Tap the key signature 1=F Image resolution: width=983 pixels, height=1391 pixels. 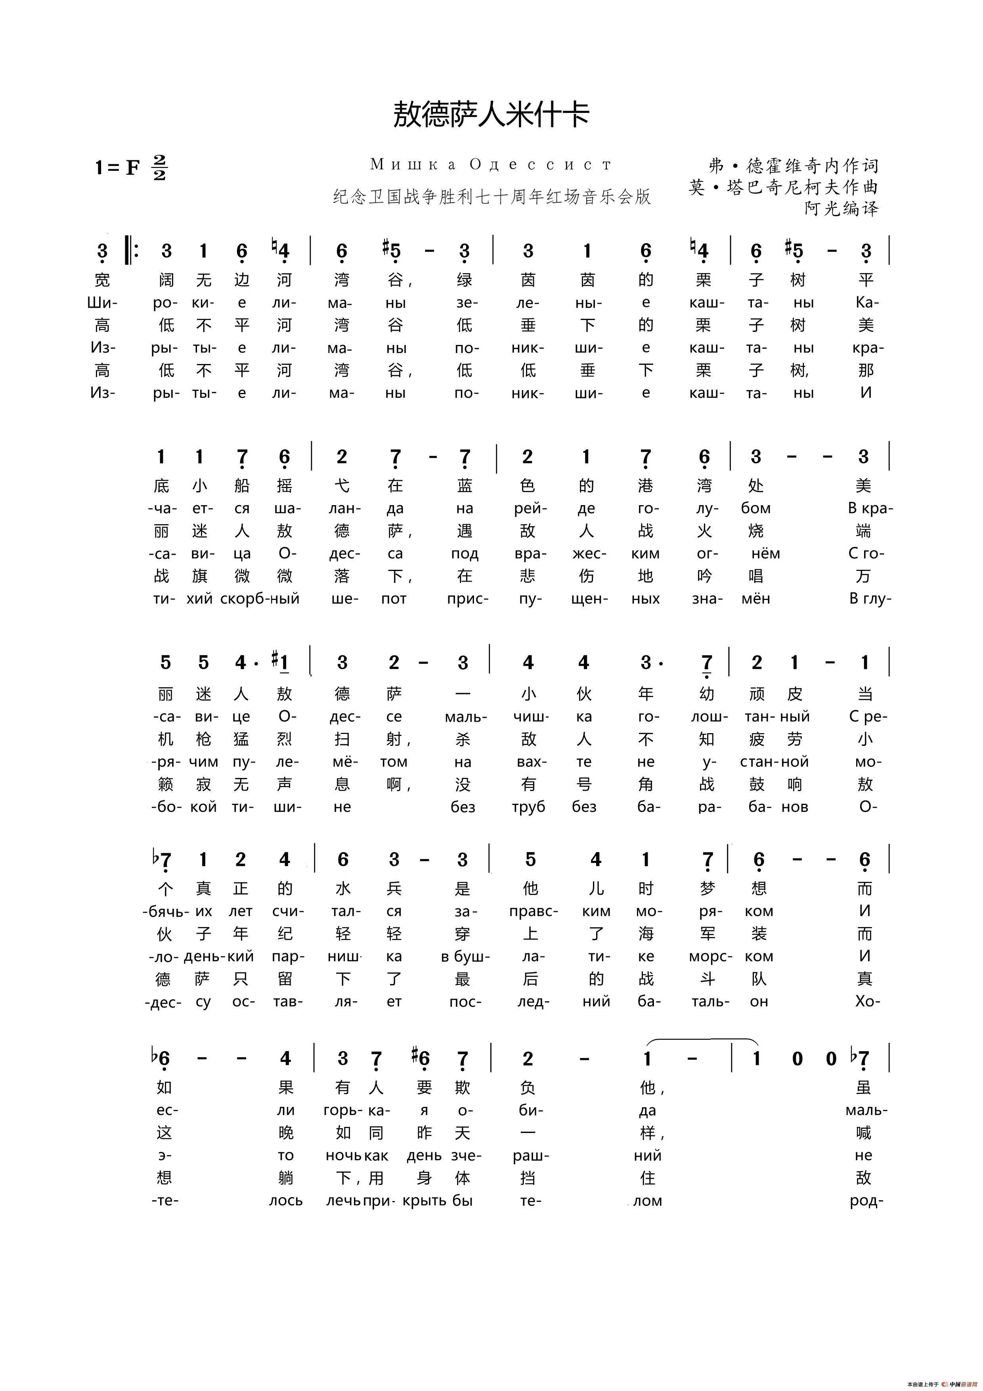point(117,167)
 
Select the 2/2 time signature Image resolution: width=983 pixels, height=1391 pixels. point(159,167)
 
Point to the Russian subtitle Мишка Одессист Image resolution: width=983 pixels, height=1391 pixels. point(491,164)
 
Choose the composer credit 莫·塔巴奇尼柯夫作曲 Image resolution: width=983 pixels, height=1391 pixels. point(782,187)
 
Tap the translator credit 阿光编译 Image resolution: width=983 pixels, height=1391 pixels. point(841,209)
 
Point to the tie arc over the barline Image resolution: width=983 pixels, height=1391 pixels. point(703,1040)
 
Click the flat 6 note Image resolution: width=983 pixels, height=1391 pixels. point(161,1058)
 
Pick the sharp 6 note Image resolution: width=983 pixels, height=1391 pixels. point(421,1058)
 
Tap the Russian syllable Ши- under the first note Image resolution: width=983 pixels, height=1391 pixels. point(102,303)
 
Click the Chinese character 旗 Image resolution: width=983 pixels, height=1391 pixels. point(200,576)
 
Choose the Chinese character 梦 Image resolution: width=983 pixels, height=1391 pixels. point(708,889)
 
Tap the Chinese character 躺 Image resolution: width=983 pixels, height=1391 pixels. point(286,1178)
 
